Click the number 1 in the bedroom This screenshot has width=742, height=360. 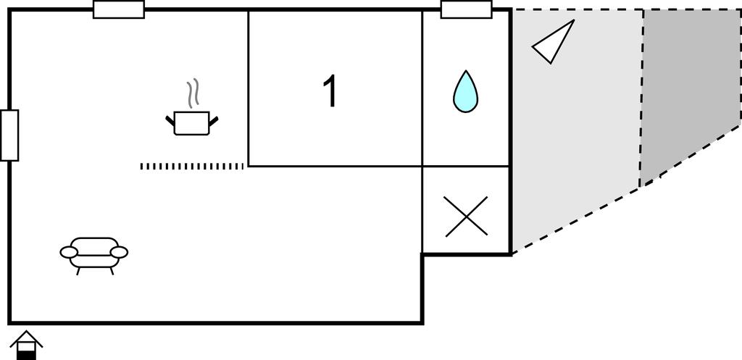(x=330, y=92)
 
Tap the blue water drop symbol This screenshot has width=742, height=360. (x=465, y=93)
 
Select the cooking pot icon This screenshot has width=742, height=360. (x=192, y=123)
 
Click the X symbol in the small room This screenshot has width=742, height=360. (x=467, y=217)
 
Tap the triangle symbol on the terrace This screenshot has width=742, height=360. (x=554, y=42)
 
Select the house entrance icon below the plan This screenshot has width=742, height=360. (x=26, y=345)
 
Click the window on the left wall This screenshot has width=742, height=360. (x=9, y=135)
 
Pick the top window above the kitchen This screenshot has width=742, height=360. (x=119, y=9)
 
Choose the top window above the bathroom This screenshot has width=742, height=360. (x=467, y=9)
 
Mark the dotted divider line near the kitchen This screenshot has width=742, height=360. (x=192, y=166)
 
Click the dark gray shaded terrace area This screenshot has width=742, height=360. (x=688, y=87)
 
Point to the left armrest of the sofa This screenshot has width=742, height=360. (x=69, y=252)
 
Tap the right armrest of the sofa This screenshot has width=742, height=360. (x=120, y=252)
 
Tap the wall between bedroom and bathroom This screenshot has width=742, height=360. (x=422, y=87)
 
